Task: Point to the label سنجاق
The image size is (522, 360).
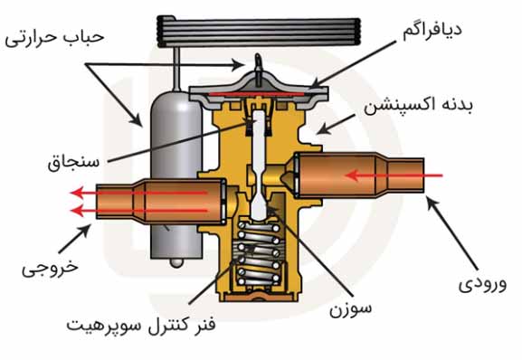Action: (x=71, y=165)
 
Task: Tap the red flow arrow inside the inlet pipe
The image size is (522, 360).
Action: (x=389, y=174)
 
